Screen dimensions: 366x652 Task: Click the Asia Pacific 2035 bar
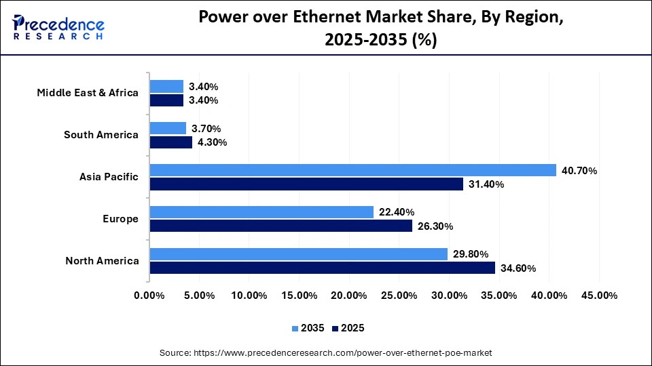pos(352,170)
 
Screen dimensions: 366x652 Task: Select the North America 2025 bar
pos(322,268)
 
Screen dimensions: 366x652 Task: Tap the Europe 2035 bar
pos(261,212)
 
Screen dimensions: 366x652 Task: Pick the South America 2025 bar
pos(170,142)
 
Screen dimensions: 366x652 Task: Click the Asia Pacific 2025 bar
pos(306,184)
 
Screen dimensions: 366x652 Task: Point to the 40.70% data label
pos(579,171)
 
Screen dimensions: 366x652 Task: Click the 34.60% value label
pos(518,268)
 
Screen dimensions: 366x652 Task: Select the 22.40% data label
pos(397,212)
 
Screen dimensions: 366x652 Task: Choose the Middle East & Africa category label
pos(88,93)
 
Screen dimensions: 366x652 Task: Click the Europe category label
pos(121,219)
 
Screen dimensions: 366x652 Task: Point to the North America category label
pos(102,261)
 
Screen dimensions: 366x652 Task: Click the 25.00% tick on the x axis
pos(399,296)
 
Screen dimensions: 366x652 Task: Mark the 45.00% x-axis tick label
pos(598,296)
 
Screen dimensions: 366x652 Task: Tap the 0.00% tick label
pos(149,296)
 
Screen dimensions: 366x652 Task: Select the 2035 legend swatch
pos(295,328)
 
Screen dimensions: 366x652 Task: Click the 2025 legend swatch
pos(336,328)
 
